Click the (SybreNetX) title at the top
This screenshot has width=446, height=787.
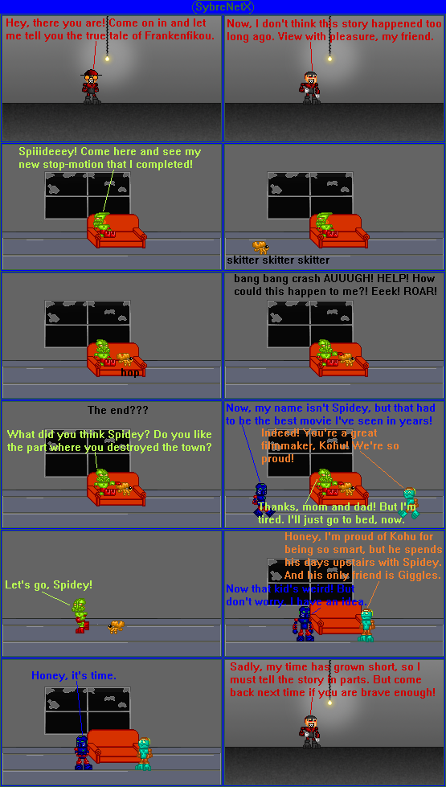pos(223,6)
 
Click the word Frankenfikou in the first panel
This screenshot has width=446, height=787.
pos(179,36)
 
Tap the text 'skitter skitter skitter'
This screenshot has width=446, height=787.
pos(278,260)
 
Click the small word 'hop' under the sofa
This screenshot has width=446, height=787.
pos(129,372)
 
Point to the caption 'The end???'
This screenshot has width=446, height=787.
pos(117,411)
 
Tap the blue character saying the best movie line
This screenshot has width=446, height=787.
pos(261,499)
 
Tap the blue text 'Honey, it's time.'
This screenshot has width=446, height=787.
pos(74,676)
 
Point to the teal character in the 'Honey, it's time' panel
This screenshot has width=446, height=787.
pos(143,753)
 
